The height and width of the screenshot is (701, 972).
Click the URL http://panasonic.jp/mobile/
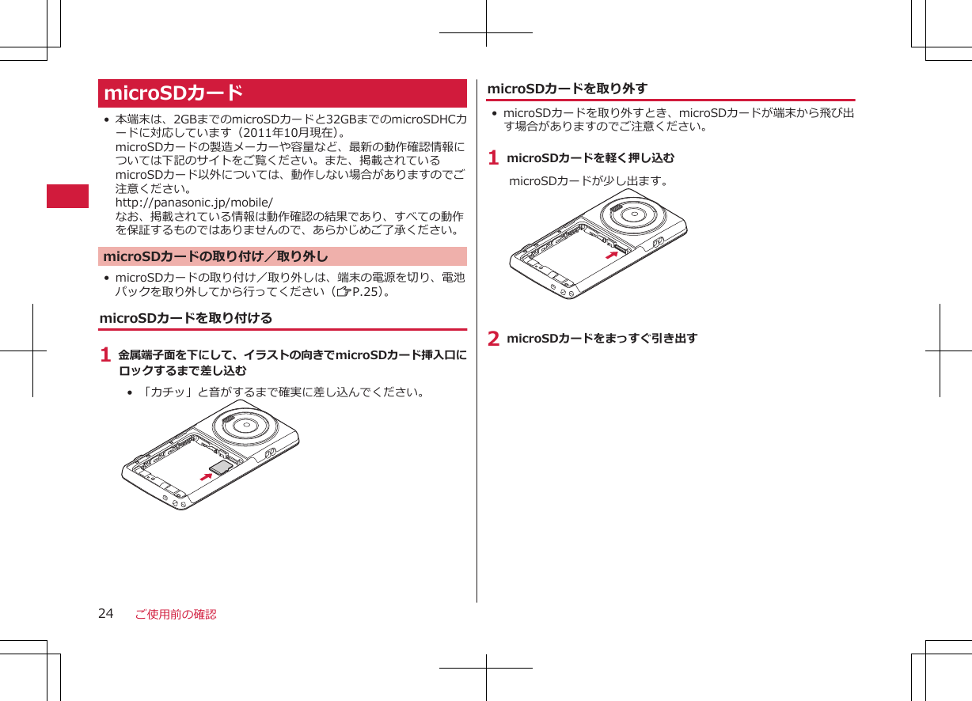point(194,203)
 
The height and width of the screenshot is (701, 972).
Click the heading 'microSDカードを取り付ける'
point(185,318)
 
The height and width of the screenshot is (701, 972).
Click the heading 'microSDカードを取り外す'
point(568,89)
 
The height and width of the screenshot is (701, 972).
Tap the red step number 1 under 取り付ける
point(105,356)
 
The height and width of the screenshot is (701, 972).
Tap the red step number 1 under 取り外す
point(493,158)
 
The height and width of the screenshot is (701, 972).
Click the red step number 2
point(493,339)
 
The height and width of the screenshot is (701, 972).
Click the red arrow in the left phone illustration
point(207,476)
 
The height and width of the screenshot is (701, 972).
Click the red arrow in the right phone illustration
point(610,255)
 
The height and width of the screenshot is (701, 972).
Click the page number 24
point(106,614)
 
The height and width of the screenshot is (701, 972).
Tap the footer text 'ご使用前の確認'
point(175,615)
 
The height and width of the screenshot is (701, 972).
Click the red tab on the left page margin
point(67,195)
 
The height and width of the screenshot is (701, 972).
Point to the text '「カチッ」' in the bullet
point(165,392)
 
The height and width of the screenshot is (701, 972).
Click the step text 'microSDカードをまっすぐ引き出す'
point(602,339)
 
